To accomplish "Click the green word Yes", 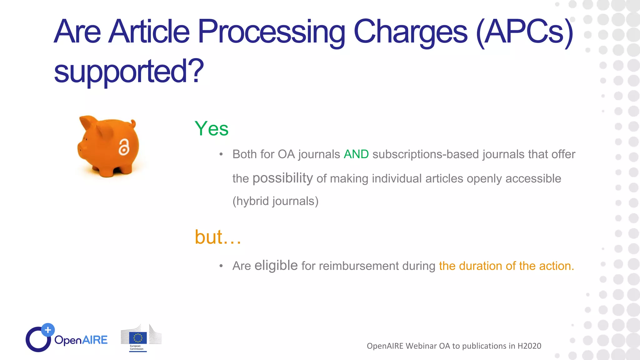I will tap(212, 129).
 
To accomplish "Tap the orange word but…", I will tap(218, 237).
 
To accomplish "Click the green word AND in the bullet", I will tap(356, 154).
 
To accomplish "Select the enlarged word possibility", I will tap(282, 178).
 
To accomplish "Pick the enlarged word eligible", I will tap(276, 266).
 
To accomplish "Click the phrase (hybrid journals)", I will tap(275, 201).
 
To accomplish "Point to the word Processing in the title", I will tap(271, 32).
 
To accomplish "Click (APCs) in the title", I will tap(525, 32).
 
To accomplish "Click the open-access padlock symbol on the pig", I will tap(124, 147).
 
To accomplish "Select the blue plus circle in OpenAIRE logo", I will tap(48, 330).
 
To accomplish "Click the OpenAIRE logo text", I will tap(81, 340).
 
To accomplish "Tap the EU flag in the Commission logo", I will tap(138, 338).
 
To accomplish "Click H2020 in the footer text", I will tap(529, 346).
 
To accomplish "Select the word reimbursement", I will tap(359, 266).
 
